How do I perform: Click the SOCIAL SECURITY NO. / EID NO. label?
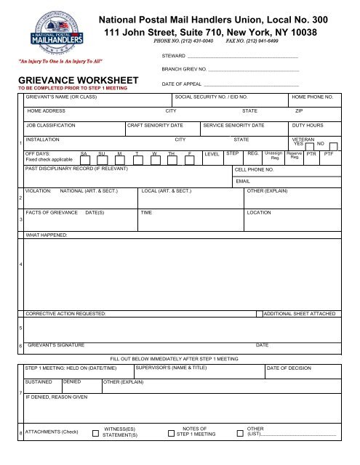[211, 96]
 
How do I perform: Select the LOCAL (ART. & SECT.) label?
[167, 190]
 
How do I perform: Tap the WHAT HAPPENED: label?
[46, 236]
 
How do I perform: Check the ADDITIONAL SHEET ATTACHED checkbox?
[259, 313]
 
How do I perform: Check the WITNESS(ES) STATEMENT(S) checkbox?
[96, 434]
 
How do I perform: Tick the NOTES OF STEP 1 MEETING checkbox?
[170, 434]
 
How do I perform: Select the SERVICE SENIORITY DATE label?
[234, 125]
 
